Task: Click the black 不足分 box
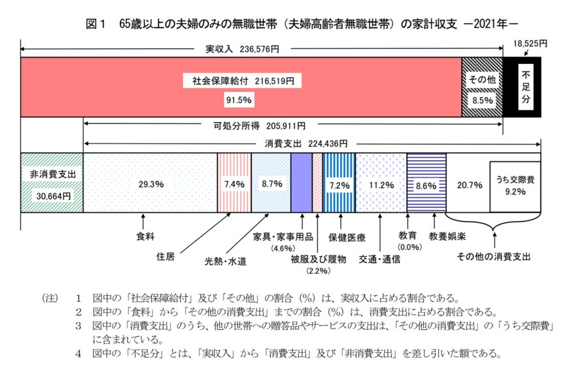tap(527, 87)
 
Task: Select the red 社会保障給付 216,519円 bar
tap(241, 88)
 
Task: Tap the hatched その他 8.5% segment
tap(481, 88)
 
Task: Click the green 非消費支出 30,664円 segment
tap(52, 183)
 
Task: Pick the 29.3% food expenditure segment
tap(150, 184)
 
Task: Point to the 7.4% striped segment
tap(233, 184)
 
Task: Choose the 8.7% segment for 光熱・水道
tap(271, 184)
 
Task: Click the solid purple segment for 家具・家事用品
tap(301, 184)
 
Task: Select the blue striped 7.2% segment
tap(339, 184)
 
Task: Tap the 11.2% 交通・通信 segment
tap(380, 184)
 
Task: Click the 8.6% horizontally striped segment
tap(426, 184)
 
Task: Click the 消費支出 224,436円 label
tap(307, 144)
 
